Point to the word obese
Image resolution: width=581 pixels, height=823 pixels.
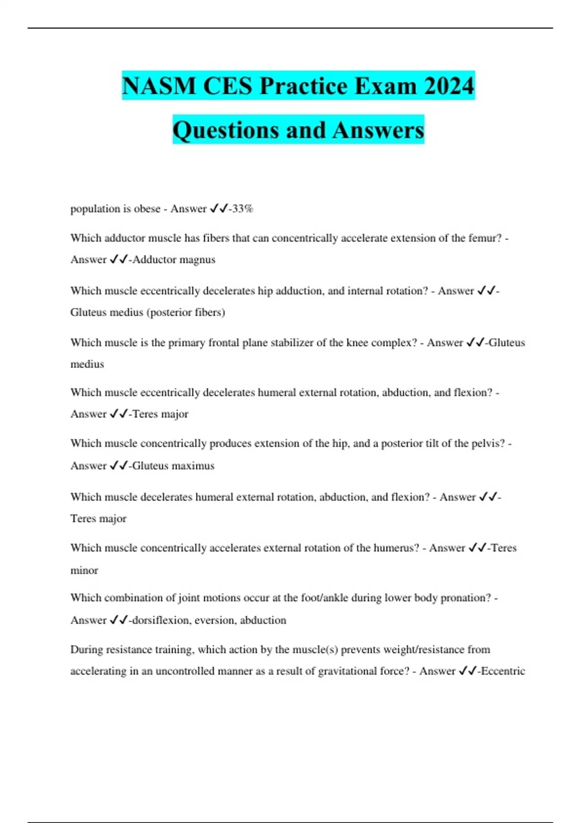[147, 209]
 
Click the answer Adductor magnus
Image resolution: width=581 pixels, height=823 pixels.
[174, 259]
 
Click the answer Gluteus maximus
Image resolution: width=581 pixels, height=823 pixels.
[173, 466]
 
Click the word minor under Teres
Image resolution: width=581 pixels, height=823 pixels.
[84, 570]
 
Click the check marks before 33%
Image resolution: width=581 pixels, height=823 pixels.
[218, 209]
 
